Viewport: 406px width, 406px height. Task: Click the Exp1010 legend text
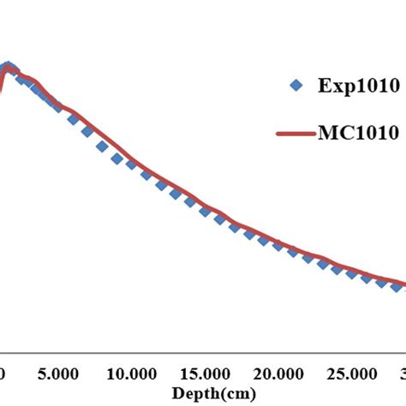coord(350,86)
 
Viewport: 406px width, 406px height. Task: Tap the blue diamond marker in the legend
coord(296,85)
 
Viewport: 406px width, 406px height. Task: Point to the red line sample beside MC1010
coord(296,134)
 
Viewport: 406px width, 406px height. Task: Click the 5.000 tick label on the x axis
coord(58,374)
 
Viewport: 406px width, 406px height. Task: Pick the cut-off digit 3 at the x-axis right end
coord(402,374)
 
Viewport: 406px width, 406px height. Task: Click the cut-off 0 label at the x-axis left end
coord(3,374)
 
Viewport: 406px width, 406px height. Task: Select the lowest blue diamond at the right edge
coord(397,287)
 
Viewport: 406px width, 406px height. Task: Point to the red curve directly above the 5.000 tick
coord(58,107)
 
